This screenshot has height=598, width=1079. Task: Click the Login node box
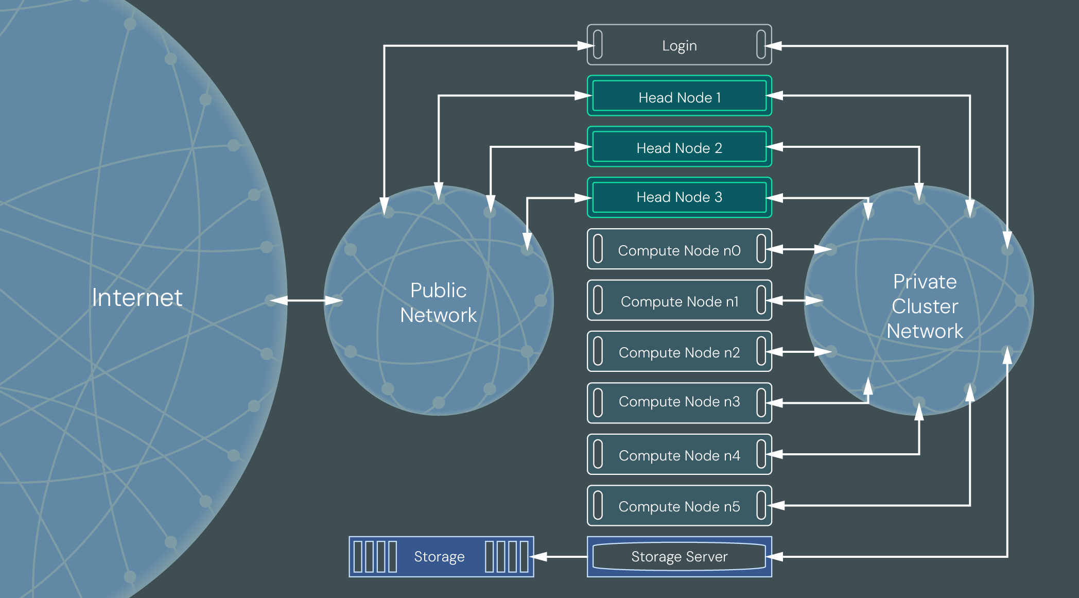(x=679, y=45)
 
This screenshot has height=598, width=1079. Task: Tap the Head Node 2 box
(x=679, y=147)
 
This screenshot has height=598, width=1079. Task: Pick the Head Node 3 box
(x=679, y=197)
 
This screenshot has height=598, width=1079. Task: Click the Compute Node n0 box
(x=679, y=250)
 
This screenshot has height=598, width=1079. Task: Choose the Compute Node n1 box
(x=679, y=301)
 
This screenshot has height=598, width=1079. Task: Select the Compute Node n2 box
(x=679, y=352)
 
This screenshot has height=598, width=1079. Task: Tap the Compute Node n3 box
(x=679, y=402)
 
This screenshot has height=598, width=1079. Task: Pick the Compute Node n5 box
(x=679, y=506)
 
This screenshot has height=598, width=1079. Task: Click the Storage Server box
(x=679, y=556)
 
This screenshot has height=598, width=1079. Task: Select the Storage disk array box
(x=441, y=556)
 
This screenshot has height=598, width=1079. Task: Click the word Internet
(x=137, y=298)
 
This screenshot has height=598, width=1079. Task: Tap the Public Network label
(x=438, y=303)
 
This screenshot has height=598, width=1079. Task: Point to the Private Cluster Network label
(x=925, y=306)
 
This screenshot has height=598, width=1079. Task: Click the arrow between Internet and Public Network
(x=306, y=300)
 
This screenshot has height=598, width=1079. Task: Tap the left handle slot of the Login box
(x=598, y=45)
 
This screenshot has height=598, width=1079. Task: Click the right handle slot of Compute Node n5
(x=761, y=505)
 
